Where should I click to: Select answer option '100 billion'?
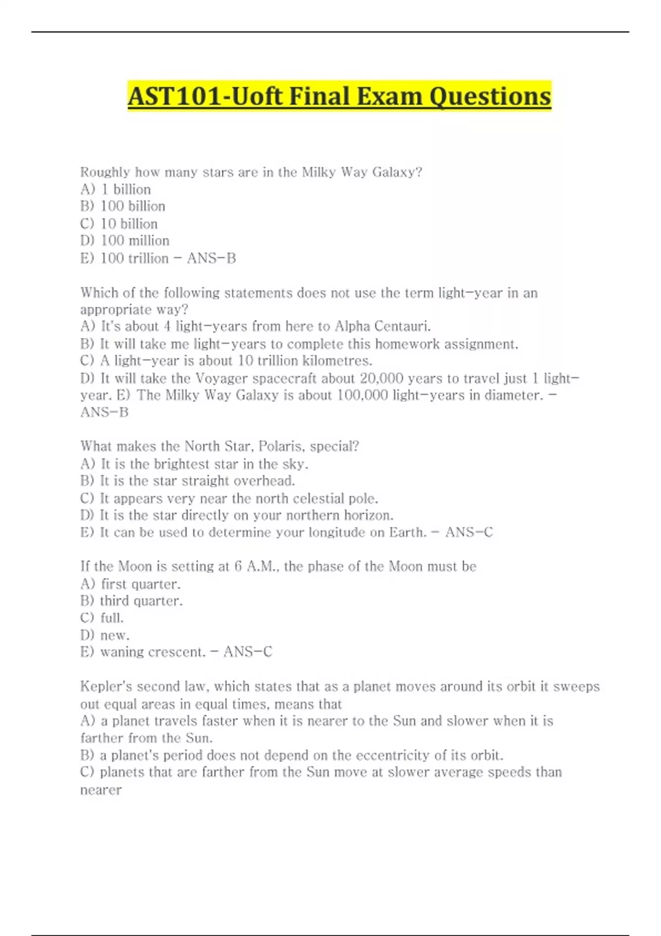pos(133,206)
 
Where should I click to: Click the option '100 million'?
pos(135,241)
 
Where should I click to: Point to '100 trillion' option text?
pos(134,258)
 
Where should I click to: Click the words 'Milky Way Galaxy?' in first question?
pos(362,172)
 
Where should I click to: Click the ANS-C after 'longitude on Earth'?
pos(469,532)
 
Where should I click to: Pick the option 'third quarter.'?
pos(141,601)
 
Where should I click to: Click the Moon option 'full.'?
pos(112,618)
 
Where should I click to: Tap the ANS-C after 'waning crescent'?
pos(248,652)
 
